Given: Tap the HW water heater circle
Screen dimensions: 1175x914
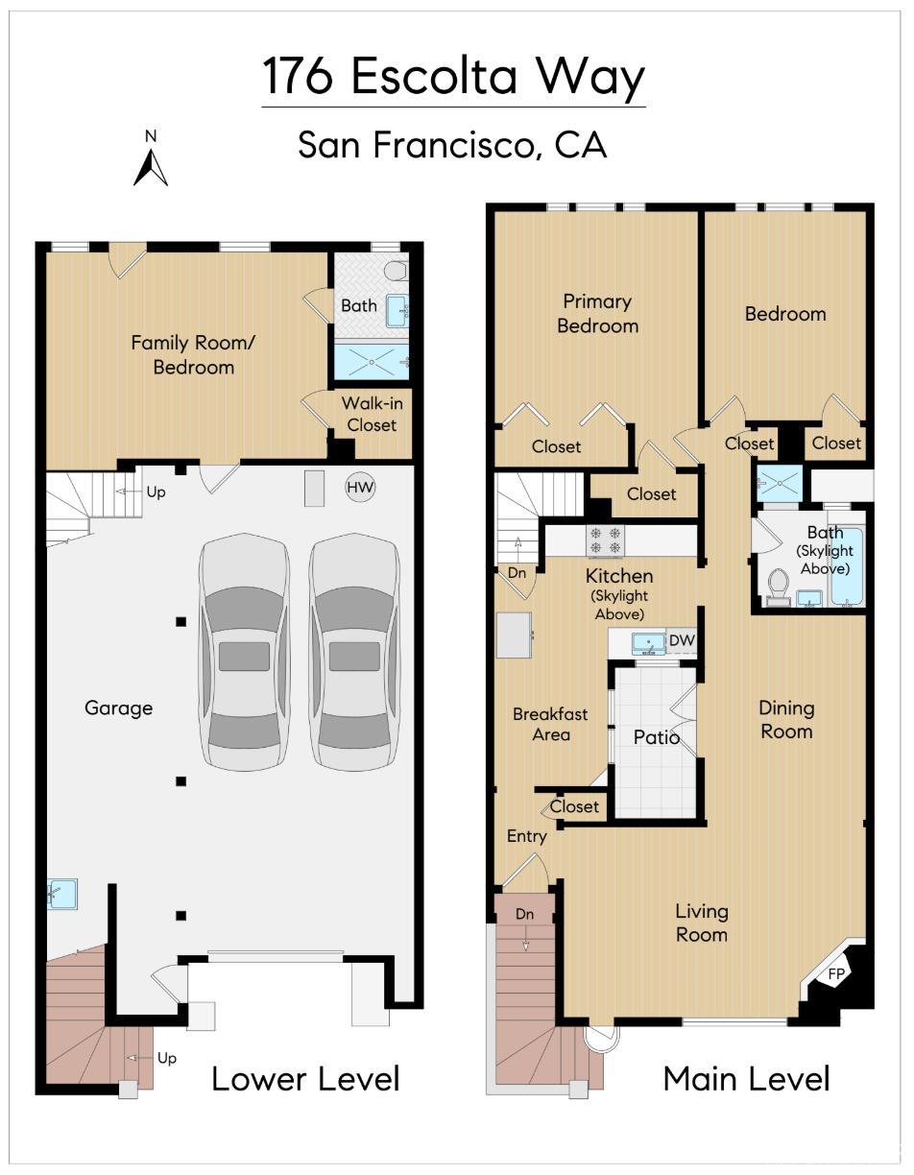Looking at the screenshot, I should [x=360, y=488].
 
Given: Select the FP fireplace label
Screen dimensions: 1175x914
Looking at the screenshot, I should [x=837, y=973].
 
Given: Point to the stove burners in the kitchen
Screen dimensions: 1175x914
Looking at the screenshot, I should [x=605, y=540].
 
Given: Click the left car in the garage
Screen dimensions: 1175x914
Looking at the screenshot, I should [x=244, y=653].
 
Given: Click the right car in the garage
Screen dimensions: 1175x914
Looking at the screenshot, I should [x=354, y=653].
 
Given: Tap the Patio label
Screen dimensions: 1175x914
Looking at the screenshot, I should [x=656, y=737].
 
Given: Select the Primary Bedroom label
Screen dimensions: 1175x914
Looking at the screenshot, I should [x=597, y=314].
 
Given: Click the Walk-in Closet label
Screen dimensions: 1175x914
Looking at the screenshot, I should [x=372, y=414].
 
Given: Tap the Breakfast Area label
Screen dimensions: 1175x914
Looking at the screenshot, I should [x=550, y=725].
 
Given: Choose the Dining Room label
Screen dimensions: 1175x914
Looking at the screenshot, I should [x=785, y=719].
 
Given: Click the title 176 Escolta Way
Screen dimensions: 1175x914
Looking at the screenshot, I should [x=453, y=77].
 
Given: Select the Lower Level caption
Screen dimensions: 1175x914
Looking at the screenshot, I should [x=305, y=1078].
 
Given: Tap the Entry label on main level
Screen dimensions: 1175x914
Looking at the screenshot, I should [x=526, y=836].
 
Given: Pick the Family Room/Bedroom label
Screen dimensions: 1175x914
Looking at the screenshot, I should [x=194, y=354].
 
